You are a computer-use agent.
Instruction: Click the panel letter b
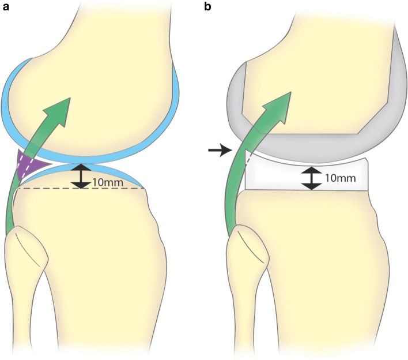click(x=211, y=8)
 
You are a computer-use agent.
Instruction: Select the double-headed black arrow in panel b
click(x=312, y=178)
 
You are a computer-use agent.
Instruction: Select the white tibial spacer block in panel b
click(x=277, y=176)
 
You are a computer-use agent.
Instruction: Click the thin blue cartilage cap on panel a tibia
click(x=115, y=174)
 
